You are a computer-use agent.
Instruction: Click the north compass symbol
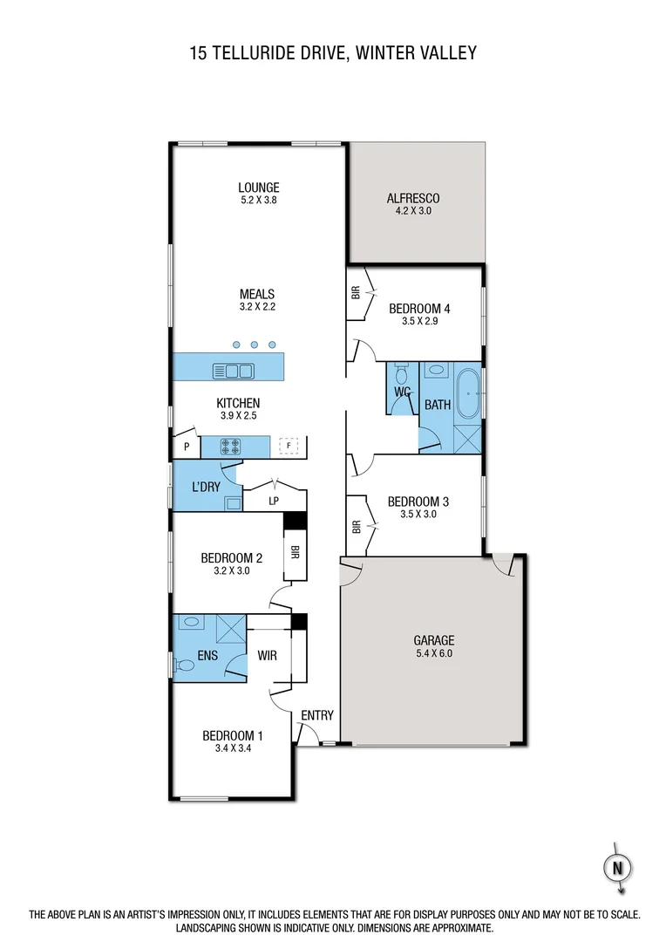617,868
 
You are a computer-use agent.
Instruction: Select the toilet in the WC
401,376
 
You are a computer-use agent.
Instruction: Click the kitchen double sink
234,372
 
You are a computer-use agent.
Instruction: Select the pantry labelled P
187,447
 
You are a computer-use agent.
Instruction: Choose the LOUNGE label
259,187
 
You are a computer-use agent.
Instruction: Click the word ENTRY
317,716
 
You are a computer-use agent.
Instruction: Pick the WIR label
267,655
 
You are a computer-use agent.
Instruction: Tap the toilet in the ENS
185,666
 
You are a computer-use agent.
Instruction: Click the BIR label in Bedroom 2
296,553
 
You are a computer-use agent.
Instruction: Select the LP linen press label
274,501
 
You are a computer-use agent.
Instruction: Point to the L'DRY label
206,487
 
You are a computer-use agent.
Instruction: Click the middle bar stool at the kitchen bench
255,345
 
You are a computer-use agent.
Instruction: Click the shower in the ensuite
231,629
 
